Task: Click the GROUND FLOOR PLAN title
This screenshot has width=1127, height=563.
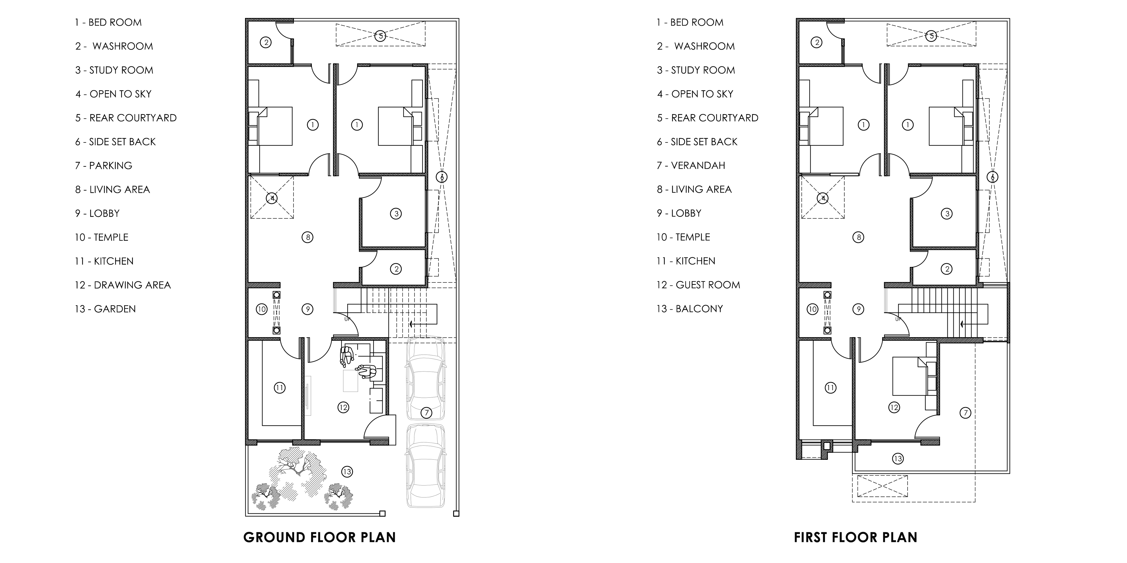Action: [x=319, y=537]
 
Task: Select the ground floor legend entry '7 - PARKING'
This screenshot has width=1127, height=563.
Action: [x=104, y=166]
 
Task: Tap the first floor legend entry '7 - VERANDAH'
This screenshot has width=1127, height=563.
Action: [x=691, y=166]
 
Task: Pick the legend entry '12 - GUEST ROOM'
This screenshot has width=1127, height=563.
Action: [x=698, y=285]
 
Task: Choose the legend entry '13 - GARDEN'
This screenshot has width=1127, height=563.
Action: [x=105, y=309]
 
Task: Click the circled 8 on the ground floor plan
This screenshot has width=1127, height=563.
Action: [x=308, y=237]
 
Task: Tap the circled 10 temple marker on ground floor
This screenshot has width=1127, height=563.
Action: [x=262, y=309]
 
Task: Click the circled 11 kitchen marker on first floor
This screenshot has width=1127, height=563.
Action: [x=830, y=388]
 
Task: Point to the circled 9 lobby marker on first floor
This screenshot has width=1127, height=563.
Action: [x=858, y=309]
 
